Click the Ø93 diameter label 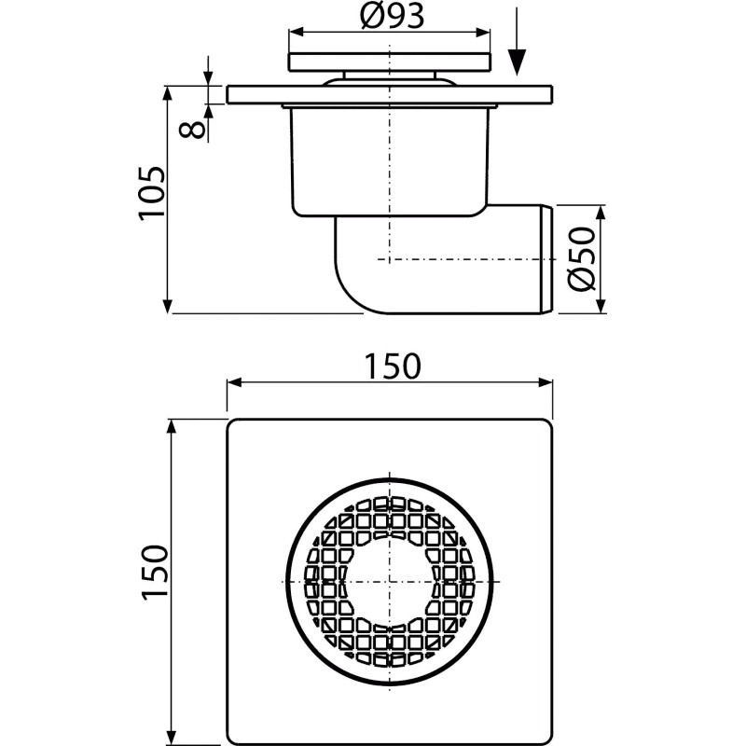(391, 16)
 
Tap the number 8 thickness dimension (193, 129)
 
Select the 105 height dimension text (152, 193)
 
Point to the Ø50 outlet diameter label (582, 259)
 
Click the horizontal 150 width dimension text (393, 366)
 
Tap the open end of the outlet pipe (546, 259)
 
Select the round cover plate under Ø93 (390, 62)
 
